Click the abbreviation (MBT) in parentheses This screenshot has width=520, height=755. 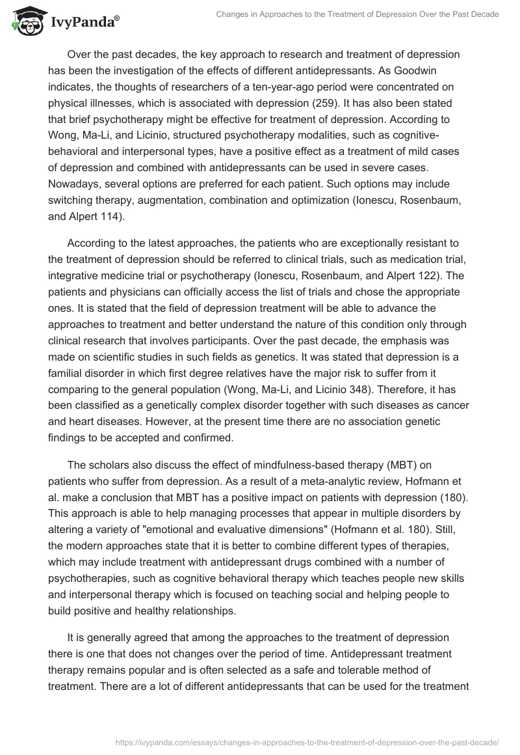(x=374, y=467)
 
